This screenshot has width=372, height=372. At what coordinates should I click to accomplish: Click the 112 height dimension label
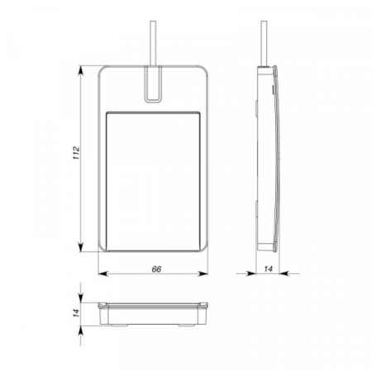(x=76, y=153)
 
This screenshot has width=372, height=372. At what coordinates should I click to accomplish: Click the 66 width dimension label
(x=156, y=269)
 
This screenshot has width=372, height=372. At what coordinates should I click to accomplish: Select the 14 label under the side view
(x=268, y=269)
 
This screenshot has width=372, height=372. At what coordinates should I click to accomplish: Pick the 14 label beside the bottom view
(x=76, y=312)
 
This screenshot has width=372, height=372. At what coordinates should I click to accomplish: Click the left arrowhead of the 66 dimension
(x=103, y=274)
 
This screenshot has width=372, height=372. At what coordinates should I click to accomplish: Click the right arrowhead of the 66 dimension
(x=203, y=274)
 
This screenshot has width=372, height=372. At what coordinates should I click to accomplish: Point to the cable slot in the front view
(x=153, y=84)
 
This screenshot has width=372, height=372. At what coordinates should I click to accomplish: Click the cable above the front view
(x=153, y=43)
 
